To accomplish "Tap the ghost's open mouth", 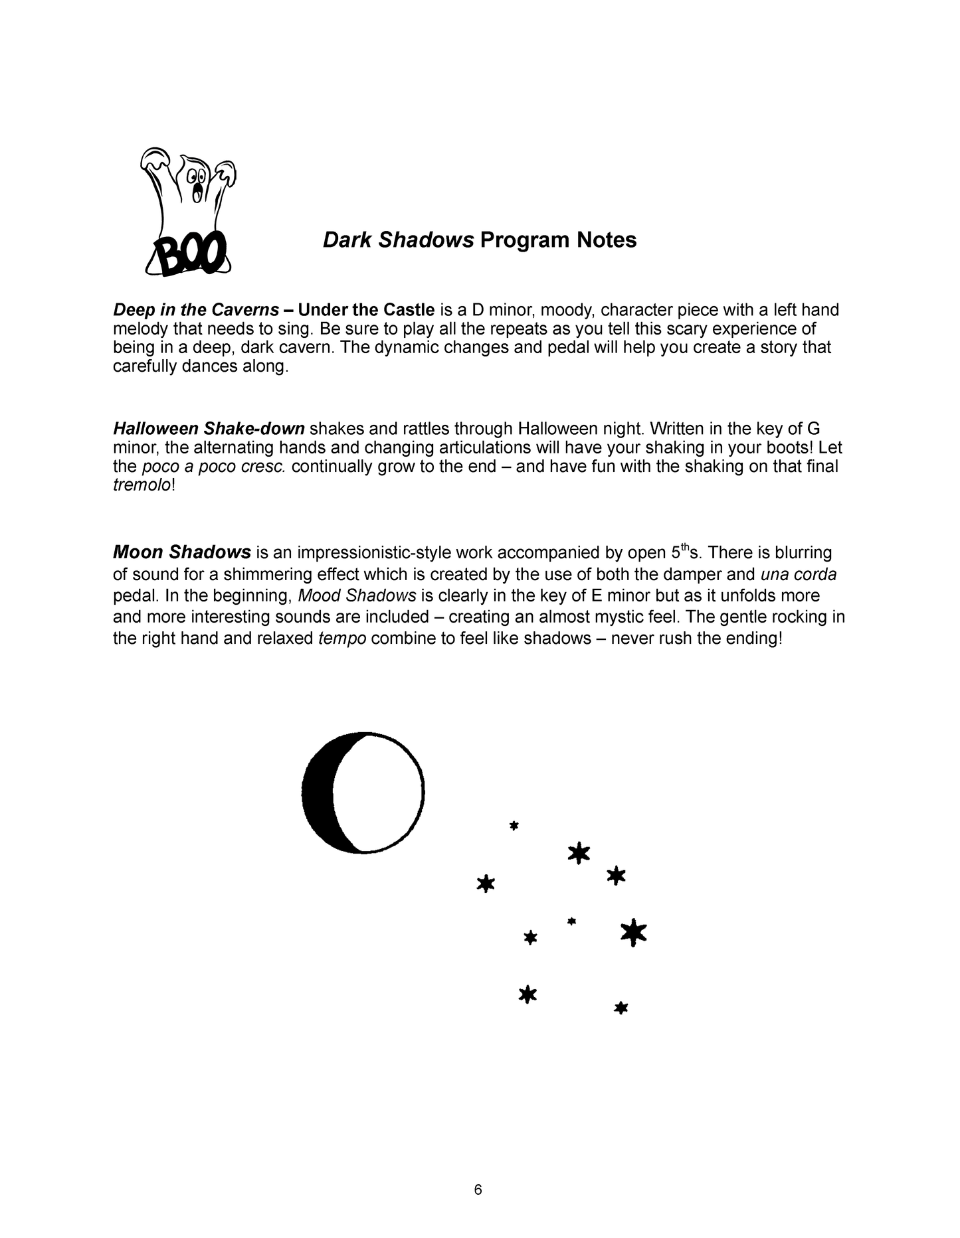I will pyautogui.click(x=197, y=193).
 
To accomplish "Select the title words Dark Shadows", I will pyautogui.click(x=398, y=240).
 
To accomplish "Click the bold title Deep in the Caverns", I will pyautogui.click(x=196, y=310).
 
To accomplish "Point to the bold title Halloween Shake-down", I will pyautogui.click(x=209, y=429).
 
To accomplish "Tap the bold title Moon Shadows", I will pyautogui.click(x=182, y=552).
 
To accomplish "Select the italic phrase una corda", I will pyautogui.click(x=798, y=574).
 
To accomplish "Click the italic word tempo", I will pyautogui.click(x=342, y=639).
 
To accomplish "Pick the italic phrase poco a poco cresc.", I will pyautogui.click(x=214, y=467).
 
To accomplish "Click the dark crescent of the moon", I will pyautogui.click(x=318, y=791).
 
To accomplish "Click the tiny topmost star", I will pyautogui.click(x=514, y=826).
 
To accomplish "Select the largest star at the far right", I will pyautogui.click(x=633, y=933).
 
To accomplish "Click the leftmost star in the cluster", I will pyautogui.click(x=486, y=884).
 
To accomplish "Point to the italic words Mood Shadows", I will pyautogui.click(x=357, y=595).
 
